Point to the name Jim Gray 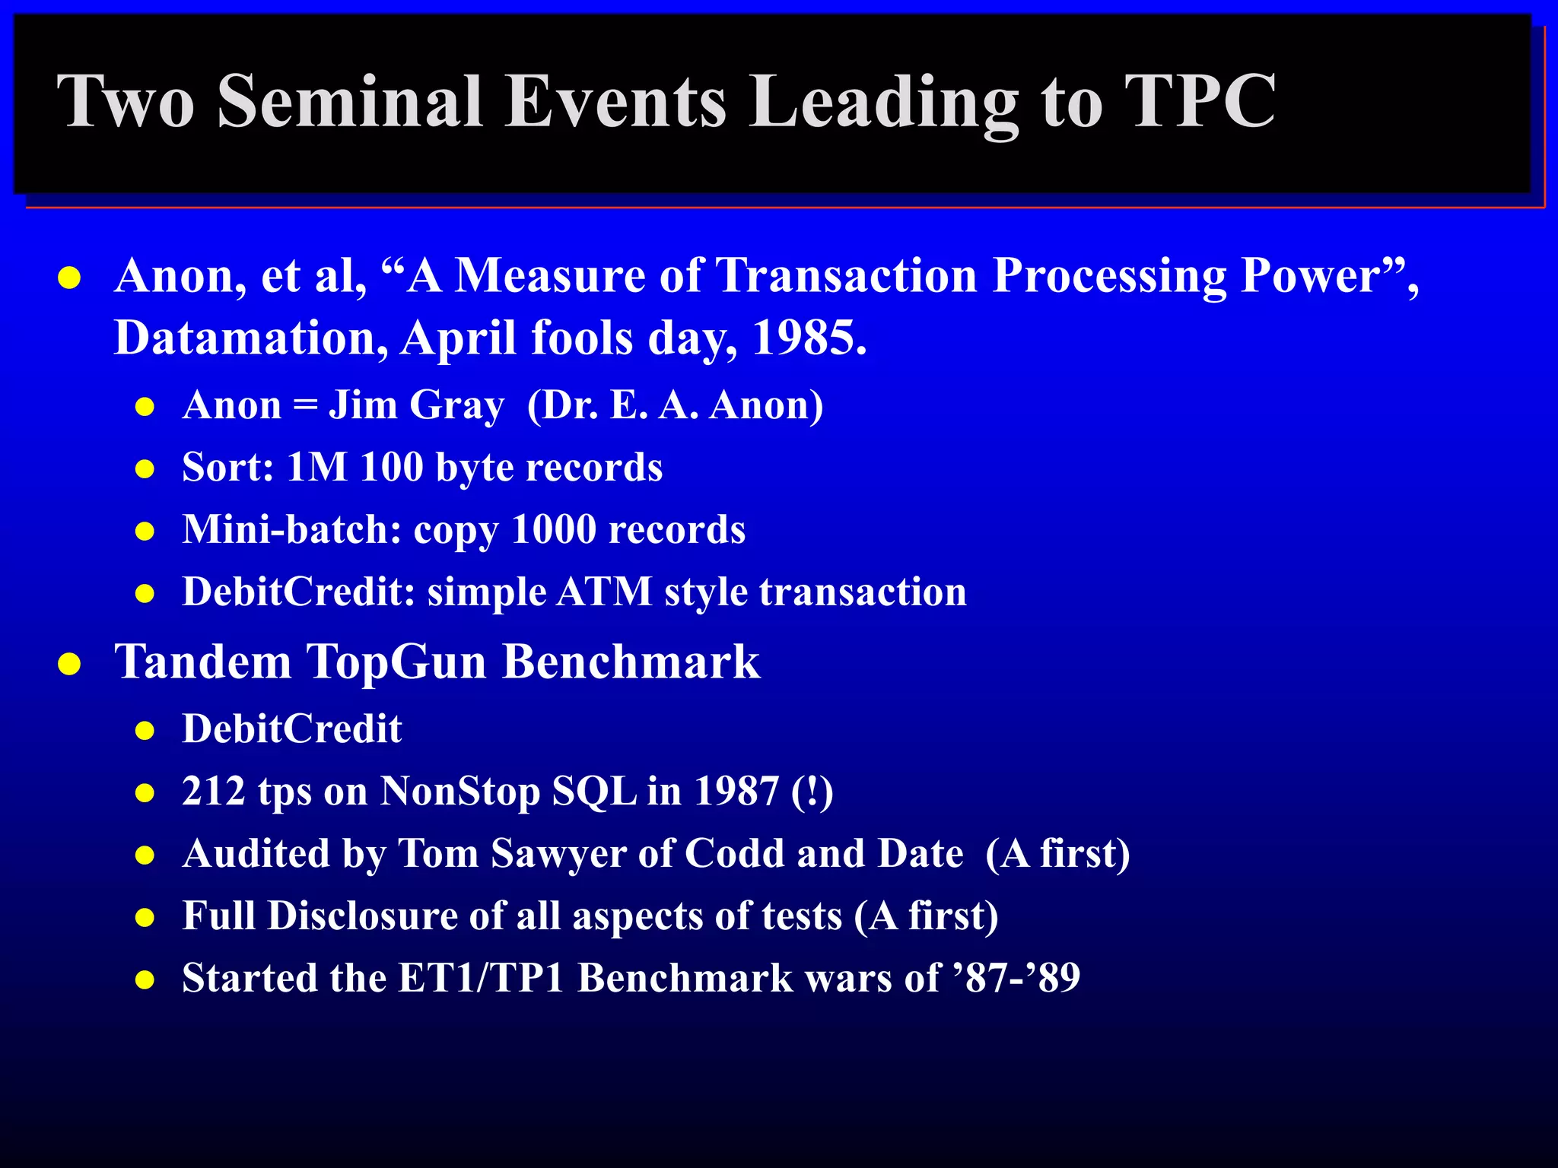coord(416,405)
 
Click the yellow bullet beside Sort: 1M coord(145,469)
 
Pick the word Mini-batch coord(292,529)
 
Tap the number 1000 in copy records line coord(554,529)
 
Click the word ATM coord(605,592)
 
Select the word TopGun coord(396,661)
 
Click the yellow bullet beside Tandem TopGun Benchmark coord(69,664)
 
